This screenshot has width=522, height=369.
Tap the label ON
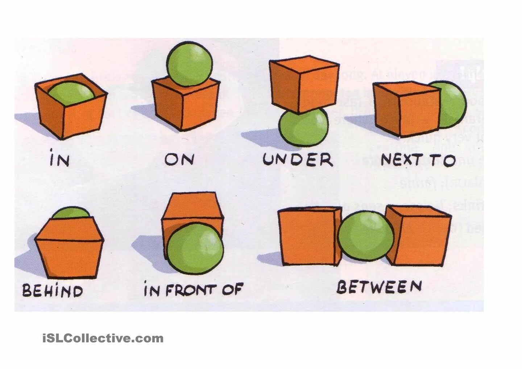pyautogui.click(x=179, y=159)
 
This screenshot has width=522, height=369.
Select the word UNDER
pyautogui.click(x=298, y=159)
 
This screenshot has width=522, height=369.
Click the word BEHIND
pyautogui.click(x=53, y=291)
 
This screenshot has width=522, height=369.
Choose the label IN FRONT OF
pyautogui.click(x=193, y=290)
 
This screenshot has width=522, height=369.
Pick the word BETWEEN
pyautogui.click(x=379, y=287)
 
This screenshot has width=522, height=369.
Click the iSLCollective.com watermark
pyautogui.click(x=103, y=339)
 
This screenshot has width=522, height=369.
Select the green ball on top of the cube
pyautogui.click(x=190, y=64)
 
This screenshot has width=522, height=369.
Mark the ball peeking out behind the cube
pyautogui.click(x=71, y=213)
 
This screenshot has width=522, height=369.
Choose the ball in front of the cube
pyautogui.click(x=195, y=249)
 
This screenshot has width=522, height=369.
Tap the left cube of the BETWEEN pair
pyautogui.click(x=309, y=236)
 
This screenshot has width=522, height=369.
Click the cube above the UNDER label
pyautogui.click(x=304, y=83)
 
